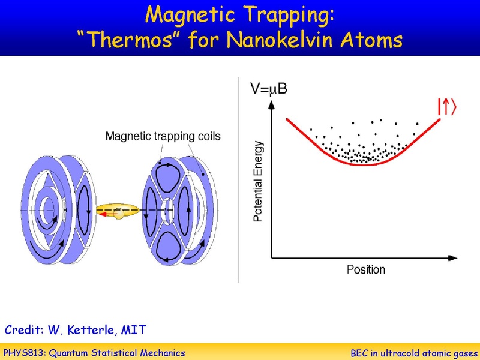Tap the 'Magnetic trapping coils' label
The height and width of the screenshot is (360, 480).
(x=163, y=136)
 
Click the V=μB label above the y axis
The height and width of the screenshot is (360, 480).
(x=268, y=89)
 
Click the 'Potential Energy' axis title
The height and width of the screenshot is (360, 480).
(x=258, y=181)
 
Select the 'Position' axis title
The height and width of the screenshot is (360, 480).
(x=365, y=269)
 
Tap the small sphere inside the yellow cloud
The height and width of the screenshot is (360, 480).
(x=121, y=212)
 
